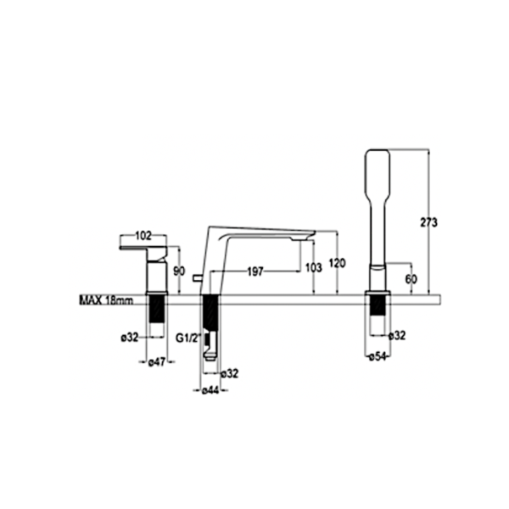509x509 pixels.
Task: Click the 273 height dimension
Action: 428,222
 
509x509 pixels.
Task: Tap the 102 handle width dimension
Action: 143,236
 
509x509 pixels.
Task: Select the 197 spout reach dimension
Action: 255,271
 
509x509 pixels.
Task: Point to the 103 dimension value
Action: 314,267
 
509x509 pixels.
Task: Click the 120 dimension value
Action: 338,263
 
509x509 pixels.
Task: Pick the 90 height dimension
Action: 179,271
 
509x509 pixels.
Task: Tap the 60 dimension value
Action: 411,279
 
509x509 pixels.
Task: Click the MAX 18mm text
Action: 107,300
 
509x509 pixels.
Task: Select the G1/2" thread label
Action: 187,338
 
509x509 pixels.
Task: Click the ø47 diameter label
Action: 157,362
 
